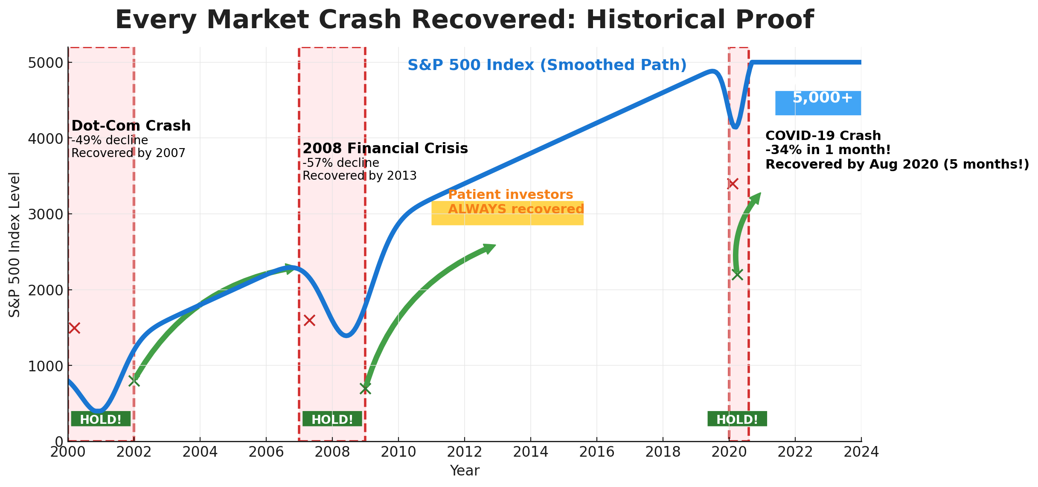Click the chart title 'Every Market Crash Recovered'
tap(464, 20)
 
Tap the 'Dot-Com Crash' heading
tap(131, 126)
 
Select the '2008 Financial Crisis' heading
tap(385, 149)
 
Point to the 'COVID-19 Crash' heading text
tap(823, 136)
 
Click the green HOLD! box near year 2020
tap(737, 419)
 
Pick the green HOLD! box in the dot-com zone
tap(101, 419)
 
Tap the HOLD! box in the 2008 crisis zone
tap(332, 419)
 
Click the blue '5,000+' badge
tap(818, 102)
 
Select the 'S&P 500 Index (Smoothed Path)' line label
tap(547, 65)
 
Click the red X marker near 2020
tap(733, 184)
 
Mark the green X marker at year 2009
tap(365, 388)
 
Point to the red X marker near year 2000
tap(74, 328)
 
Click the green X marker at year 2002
tap(134, 381)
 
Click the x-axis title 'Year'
tap(464, 471)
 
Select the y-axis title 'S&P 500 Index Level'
tap(15, 244)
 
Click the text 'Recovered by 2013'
tap(359, 176)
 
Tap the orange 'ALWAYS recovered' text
tap(515, 209)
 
